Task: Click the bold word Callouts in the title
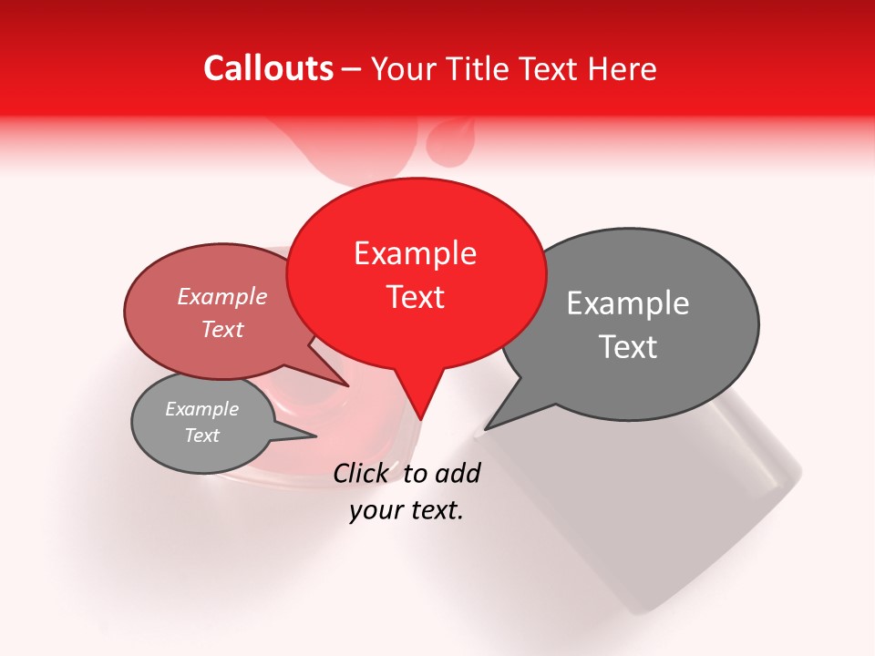[268, 68]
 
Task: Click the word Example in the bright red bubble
[415, 253]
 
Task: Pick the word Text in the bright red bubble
[416, 297]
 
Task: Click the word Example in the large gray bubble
[628, 303]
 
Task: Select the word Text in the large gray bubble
[628, 347]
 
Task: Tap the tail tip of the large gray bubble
[487, 427]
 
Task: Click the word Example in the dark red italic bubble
[221, 296]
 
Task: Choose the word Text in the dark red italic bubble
[221, 329]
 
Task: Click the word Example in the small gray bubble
[201, 409]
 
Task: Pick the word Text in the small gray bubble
[201, 436]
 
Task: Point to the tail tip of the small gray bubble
[315, 436]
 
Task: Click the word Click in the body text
[362, 473]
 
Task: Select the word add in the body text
[457, 473]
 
